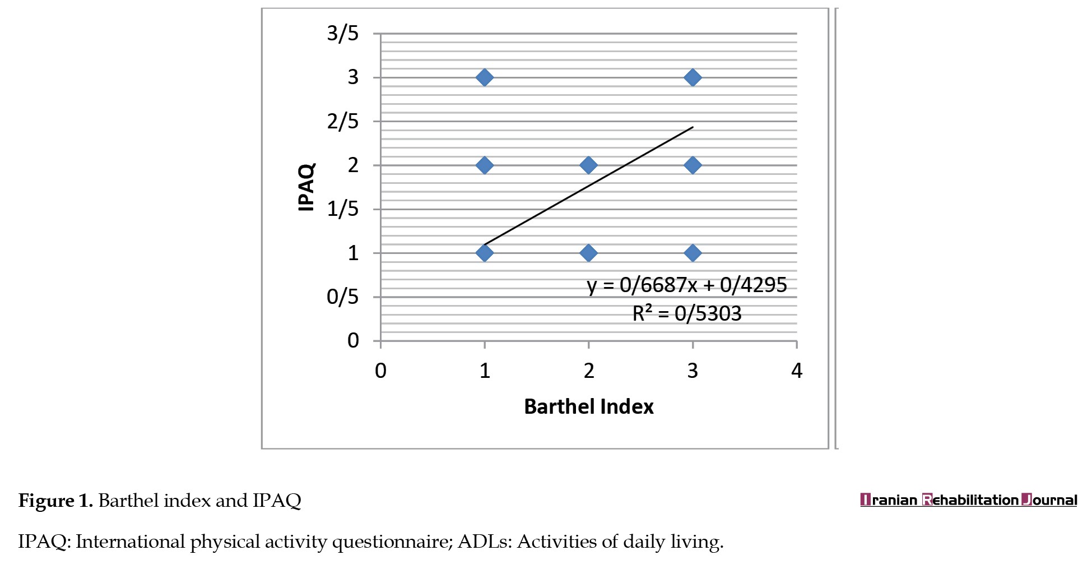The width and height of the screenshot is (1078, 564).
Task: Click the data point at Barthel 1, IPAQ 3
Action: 485,77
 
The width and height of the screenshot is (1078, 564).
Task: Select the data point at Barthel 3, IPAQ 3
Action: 693,77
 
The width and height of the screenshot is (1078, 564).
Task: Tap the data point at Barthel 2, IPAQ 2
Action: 588,165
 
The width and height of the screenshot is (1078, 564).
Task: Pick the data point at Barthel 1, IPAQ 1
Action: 485,253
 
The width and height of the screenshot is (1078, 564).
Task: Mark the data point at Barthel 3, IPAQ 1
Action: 693,253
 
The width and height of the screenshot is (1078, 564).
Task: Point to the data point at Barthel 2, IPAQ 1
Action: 588,253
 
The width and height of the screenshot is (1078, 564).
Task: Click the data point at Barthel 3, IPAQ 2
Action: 693,165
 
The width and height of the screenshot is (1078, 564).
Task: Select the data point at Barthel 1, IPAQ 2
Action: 485,165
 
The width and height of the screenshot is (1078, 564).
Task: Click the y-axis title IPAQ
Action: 306,187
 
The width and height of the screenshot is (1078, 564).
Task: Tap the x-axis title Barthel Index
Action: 588,406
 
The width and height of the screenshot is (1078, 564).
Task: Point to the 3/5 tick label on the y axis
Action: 342,34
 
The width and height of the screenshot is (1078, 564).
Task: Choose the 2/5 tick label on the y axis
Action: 342,121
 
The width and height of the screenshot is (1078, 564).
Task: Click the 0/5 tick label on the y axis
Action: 342,297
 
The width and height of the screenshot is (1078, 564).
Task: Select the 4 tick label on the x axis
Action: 796,371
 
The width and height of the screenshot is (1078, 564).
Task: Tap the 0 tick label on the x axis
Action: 380,371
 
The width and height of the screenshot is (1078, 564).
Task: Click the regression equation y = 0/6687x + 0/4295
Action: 687,285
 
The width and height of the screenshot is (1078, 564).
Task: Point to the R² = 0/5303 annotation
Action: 687,313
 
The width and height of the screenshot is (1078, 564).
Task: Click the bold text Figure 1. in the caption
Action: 55,500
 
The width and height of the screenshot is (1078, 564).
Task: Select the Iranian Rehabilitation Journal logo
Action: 968,500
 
